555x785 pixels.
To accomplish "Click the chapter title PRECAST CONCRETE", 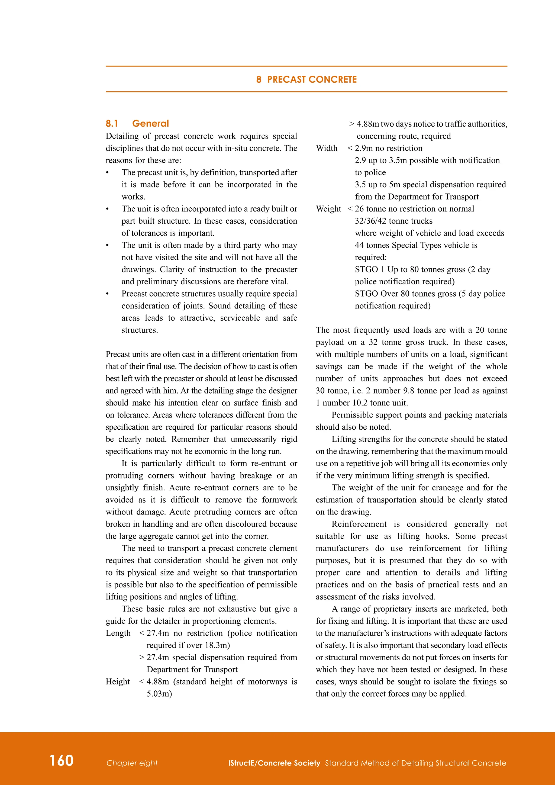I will coord(312,79).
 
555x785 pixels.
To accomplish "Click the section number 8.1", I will coord(112,123).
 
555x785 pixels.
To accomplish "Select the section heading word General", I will coord(150,123).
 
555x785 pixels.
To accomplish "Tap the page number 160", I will coord(62,760).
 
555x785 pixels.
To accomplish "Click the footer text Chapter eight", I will coord(132,763).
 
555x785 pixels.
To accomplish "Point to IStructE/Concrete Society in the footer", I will coord(274,763).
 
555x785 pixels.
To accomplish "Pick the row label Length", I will coord(118,633).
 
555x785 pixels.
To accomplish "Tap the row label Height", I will coord(118,681).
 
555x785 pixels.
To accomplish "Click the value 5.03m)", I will coord(159,693).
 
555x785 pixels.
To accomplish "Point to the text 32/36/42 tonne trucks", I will coord(393,221).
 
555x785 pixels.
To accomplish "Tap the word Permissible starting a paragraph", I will coord(353,415).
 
